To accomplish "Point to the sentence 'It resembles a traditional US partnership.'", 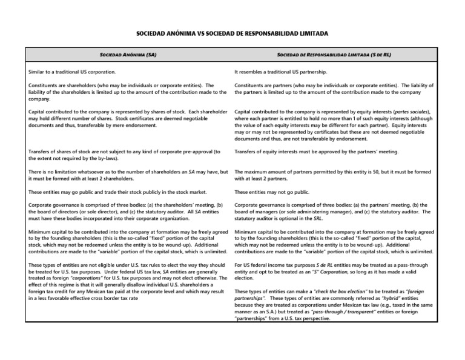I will [x=282, y=72].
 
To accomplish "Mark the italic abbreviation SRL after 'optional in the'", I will [x=306, y=219].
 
